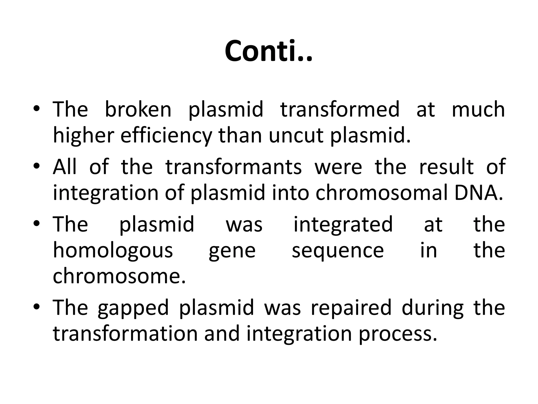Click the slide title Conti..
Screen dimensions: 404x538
click(268, 51)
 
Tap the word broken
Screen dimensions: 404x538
click(138, 109)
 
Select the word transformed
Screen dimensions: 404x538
click(340, 109)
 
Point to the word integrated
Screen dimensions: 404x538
click(343, 224)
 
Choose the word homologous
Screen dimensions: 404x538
click(113, 251)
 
